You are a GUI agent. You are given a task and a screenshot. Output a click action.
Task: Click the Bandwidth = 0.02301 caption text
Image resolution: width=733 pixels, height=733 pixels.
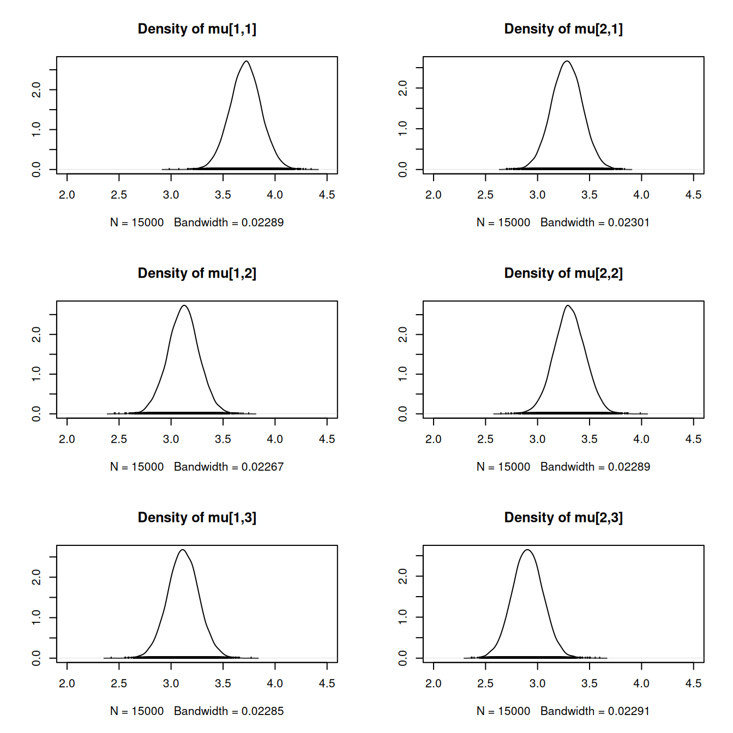pos(594,223)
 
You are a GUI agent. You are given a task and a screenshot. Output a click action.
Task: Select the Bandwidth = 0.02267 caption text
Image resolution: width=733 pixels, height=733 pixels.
pos(229,467)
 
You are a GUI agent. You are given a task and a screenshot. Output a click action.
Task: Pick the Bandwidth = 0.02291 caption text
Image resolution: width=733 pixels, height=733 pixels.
pos(594,711)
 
